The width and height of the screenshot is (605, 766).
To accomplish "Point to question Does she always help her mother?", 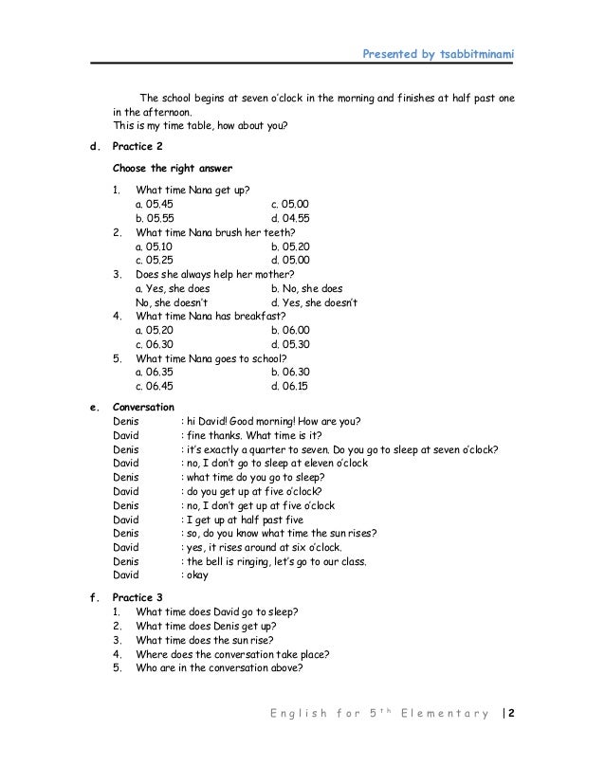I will pyautogui.click(x=217, y=274).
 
